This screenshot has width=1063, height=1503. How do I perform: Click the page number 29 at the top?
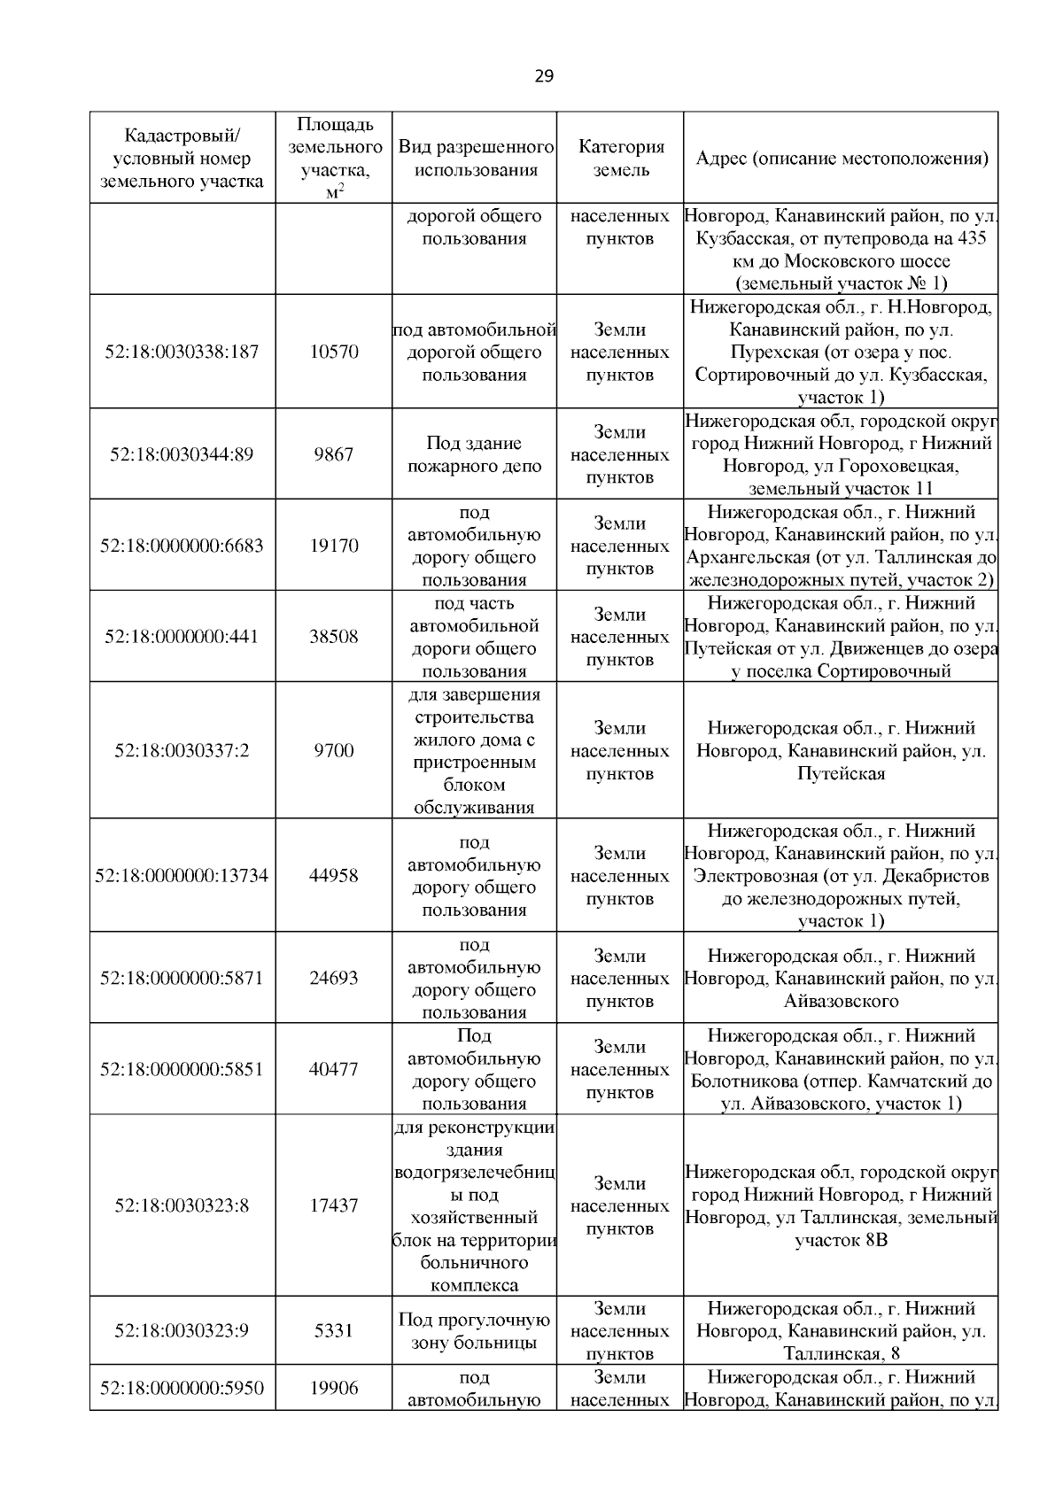click(544, 76)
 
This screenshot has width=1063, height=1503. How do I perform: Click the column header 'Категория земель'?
click(620, 158)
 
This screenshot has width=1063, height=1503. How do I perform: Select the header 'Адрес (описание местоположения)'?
click(841, 158)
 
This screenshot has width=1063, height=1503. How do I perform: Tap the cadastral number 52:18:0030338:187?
click(182, 352)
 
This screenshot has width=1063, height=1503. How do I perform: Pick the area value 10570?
click(334, 352)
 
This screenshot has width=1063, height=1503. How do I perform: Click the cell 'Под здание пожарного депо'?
click(474, 454)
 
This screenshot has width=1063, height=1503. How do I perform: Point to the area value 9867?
click(334, 454)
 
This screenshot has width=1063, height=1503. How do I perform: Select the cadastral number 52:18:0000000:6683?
click(182, 546)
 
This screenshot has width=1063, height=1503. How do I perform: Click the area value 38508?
click(334, 637)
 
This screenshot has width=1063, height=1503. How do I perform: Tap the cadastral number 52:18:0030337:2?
click(182, 751)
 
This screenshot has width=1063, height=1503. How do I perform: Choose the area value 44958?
click(334, 876)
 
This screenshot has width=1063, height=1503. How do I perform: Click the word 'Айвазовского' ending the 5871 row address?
click(841, 1002)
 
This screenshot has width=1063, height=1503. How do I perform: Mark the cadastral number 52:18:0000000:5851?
click(182, 1069)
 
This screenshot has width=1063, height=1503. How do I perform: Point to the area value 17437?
click(334, 1206)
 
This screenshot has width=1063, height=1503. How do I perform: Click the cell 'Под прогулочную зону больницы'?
click(474, 1331)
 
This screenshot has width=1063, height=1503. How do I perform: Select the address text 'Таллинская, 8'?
click(841, 1353)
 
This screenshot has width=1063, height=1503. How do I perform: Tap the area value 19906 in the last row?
click(334, 1388)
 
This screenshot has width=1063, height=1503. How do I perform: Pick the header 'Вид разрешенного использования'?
click(476, 158)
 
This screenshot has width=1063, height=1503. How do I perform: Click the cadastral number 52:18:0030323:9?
click(182, 1331)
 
